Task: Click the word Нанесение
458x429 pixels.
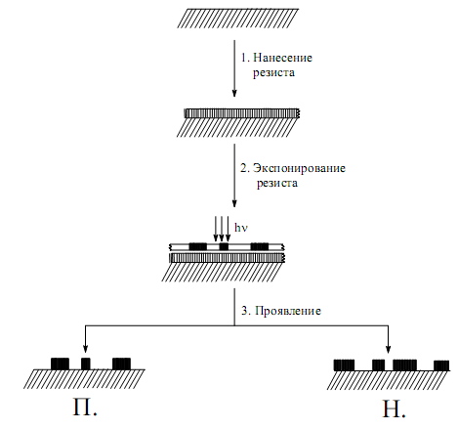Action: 282,58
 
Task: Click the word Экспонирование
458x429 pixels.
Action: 299,168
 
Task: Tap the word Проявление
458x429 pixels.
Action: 288,311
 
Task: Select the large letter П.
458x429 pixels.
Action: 82,408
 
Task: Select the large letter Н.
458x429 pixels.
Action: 391,409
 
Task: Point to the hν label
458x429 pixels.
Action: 241,228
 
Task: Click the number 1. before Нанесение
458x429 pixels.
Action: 245,58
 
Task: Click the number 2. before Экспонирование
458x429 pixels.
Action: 245,168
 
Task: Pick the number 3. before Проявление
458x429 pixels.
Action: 246,311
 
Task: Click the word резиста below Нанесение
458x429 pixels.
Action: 273,73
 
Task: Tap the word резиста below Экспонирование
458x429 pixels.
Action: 277,184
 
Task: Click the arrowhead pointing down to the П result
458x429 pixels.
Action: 85,349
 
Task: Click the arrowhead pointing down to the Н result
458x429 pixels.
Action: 388,349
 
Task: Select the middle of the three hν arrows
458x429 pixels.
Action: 222,229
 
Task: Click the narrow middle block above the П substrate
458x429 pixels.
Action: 86,364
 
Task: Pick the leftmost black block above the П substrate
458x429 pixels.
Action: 60,364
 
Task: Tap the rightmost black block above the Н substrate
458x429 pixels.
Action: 441,365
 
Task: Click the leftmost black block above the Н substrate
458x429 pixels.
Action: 344,365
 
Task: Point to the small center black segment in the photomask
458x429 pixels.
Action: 224,246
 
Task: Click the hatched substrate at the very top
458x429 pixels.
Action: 238,19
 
